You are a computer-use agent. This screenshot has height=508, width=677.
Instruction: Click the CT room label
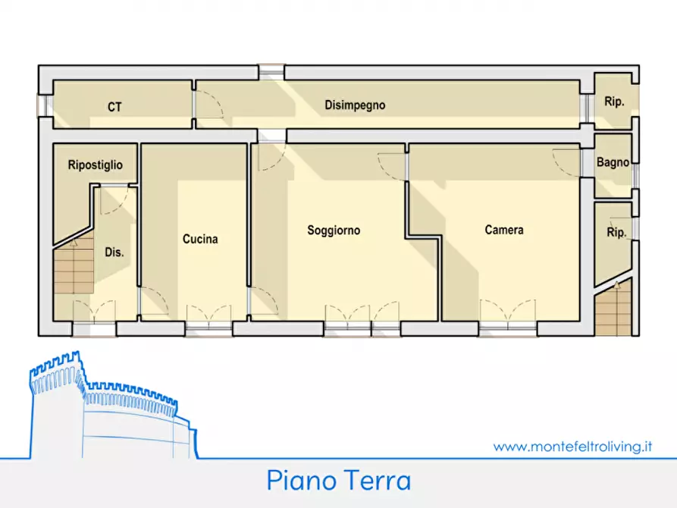pyautogui.click(x=114, y=107)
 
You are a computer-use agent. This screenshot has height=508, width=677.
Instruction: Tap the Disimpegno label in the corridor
pyautogui.click(x=355, y=105)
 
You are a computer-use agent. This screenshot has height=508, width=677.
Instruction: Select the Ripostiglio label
pyautogui.click(x=95, y=165)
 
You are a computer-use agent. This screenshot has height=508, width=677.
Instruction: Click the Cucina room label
pyautogui.click(x=200, y=239)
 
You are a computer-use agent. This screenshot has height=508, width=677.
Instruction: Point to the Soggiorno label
pyautogui.click(x=334, y=230)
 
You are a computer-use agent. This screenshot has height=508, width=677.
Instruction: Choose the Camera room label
pyautogui.click(x=504, y=230)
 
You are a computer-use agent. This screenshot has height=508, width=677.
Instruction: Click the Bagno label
pyautogui.click(x=613, y=162)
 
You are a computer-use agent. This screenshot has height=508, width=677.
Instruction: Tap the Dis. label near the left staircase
pyautogui.click(x=114, y=252)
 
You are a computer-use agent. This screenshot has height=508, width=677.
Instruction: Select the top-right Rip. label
pyautogui.click(x=614, y=102)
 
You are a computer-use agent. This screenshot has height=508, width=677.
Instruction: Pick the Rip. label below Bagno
pyautogui.click(x=616, y=234)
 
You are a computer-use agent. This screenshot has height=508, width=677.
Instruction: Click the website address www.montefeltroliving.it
pyautogui.click(x=572, y=447)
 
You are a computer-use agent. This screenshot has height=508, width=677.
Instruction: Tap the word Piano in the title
pyautogui.click(x=299, y=480)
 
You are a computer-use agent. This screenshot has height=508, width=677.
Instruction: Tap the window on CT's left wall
pyautogui.click(x=45, y=105)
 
